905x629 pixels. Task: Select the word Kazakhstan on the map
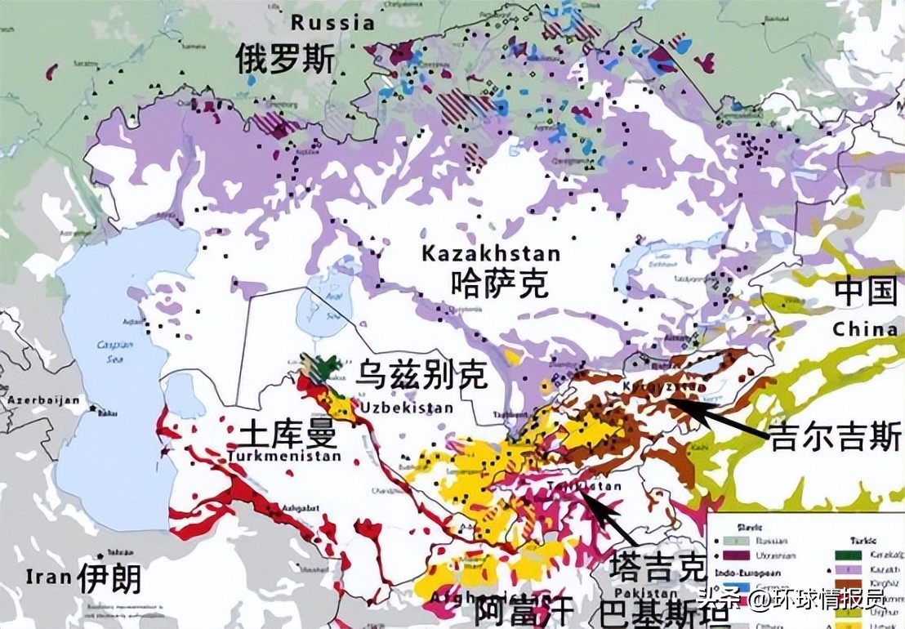[491, 254]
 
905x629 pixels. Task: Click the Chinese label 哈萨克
[499, 283]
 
